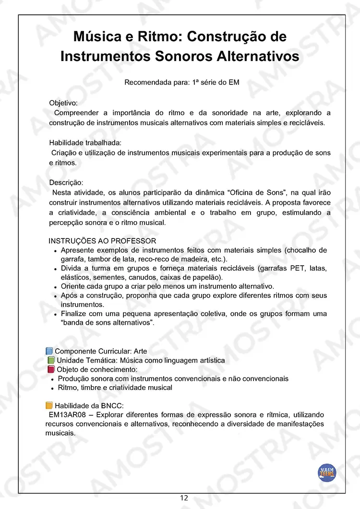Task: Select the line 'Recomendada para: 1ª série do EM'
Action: click(x=182, y=83)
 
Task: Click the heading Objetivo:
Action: click(x=63, y=103)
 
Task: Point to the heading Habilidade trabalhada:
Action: click(x=85, y=142)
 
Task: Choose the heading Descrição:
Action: click(x=66, y=182)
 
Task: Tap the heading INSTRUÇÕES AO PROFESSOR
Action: click(x=102, y=241)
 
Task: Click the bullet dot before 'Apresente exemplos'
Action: click(x=56, y=251)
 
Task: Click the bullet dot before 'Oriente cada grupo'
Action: click(x=56, y=287)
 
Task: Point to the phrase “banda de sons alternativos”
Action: click(x=107, y=323)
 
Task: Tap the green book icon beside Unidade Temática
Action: click(x=51, y=360)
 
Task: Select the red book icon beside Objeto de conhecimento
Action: click(x=51, y=369)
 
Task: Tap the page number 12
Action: click(x=184, y=498)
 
